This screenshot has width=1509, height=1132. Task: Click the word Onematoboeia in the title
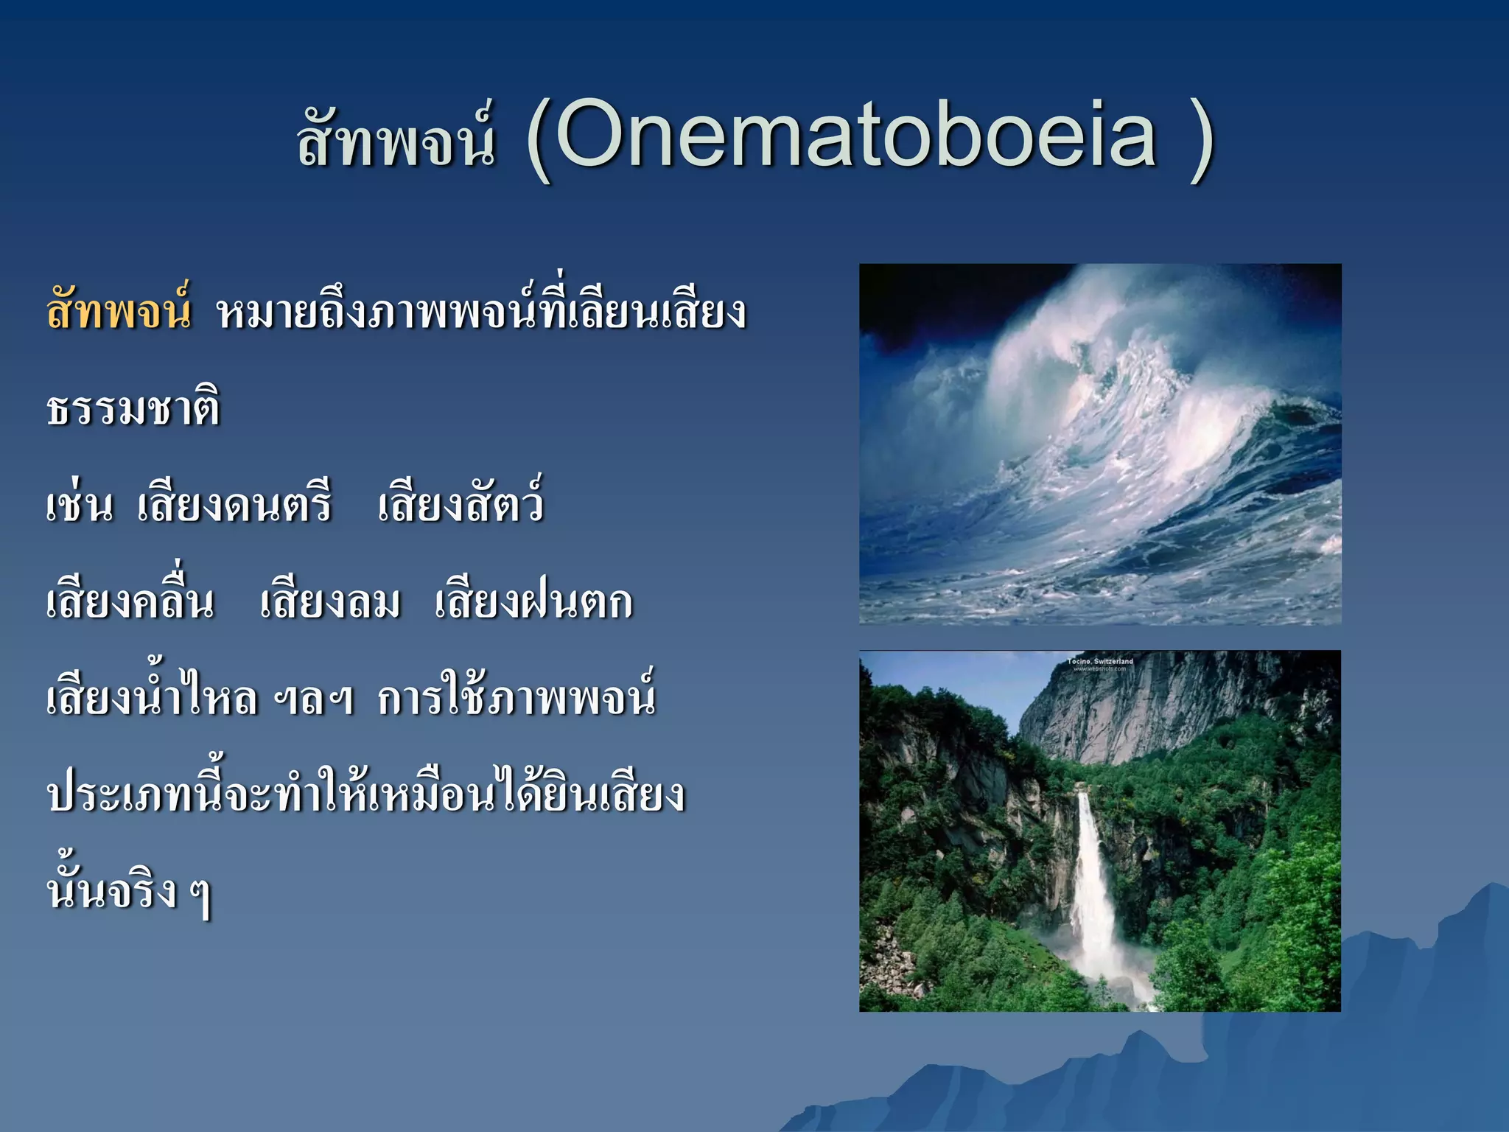(x=855, y=136)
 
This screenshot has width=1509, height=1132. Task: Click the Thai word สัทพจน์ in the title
(x=396, y=140)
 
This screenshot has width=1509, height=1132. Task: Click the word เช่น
(x=80, y=505)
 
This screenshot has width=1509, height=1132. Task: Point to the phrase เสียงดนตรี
(x=234, y=505)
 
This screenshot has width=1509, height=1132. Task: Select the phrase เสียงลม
(x=330, y=602)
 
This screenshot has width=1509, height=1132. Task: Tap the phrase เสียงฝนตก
(x=533, y=602)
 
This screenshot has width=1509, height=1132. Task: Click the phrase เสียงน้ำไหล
(x=152, y=696)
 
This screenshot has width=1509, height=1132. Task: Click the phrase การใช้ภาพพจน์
(x=516, y=696)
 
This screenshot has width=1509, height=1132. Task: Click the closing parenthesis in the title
(x=1201, y=140)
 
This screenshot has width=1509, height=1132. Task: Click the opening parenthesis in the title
(x=538, y=140)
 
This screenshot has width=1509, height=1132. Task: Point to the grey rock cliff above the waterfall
(x=1149, y=707)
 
